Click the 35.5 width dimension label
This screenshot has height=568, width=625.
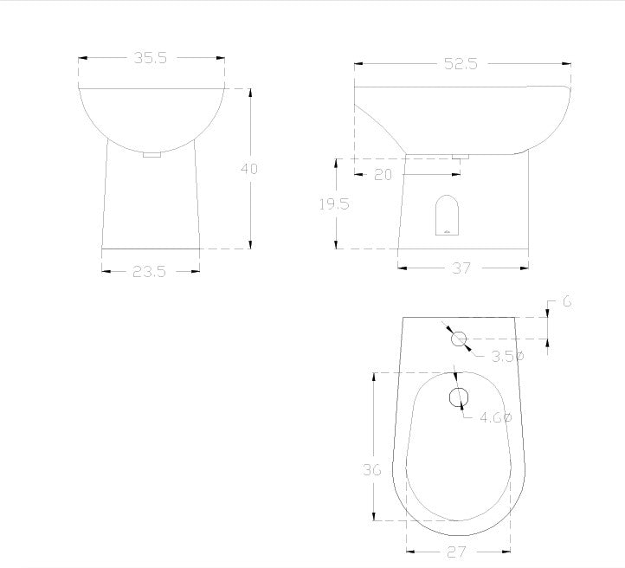(x=151, y=58)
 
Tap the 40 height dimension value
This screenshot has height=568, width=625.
(x=249, y=169)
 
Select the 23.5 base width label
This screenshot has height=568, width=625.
(x=149, y=272)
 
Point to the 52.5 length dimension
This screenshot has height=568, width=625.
(x=461, y=64)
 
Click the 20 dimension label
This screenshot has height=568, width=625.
(x=383, y=175)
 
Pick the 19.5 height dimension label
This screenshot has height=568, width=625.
(x=334, y=204)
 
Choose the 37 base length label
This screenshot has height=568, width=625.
(x=461, y=268)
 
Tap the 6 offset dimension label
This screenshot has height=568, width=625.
(x=568, y=301)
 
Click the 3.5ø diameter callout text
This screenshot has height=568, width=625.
(x=507, y=357)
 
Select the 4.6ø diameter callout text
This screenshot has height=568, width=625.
(x=495, y=417)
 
